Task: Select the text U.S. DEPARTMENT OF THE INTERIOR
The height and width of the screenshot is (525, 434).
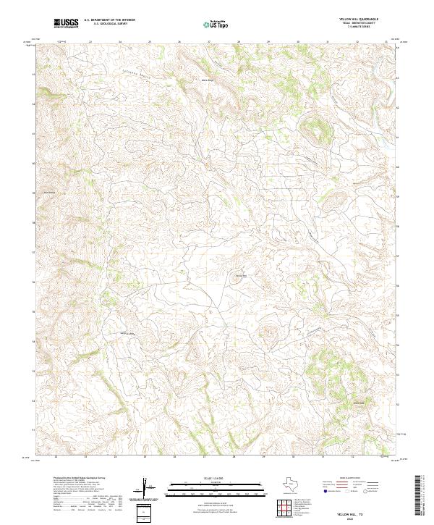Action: coord(109,20)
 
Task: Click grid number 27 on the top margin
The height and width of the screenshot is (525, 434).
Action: coord(208,41)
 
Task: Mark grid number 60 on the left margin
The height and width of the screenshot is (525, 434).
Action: coord(33,164)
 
